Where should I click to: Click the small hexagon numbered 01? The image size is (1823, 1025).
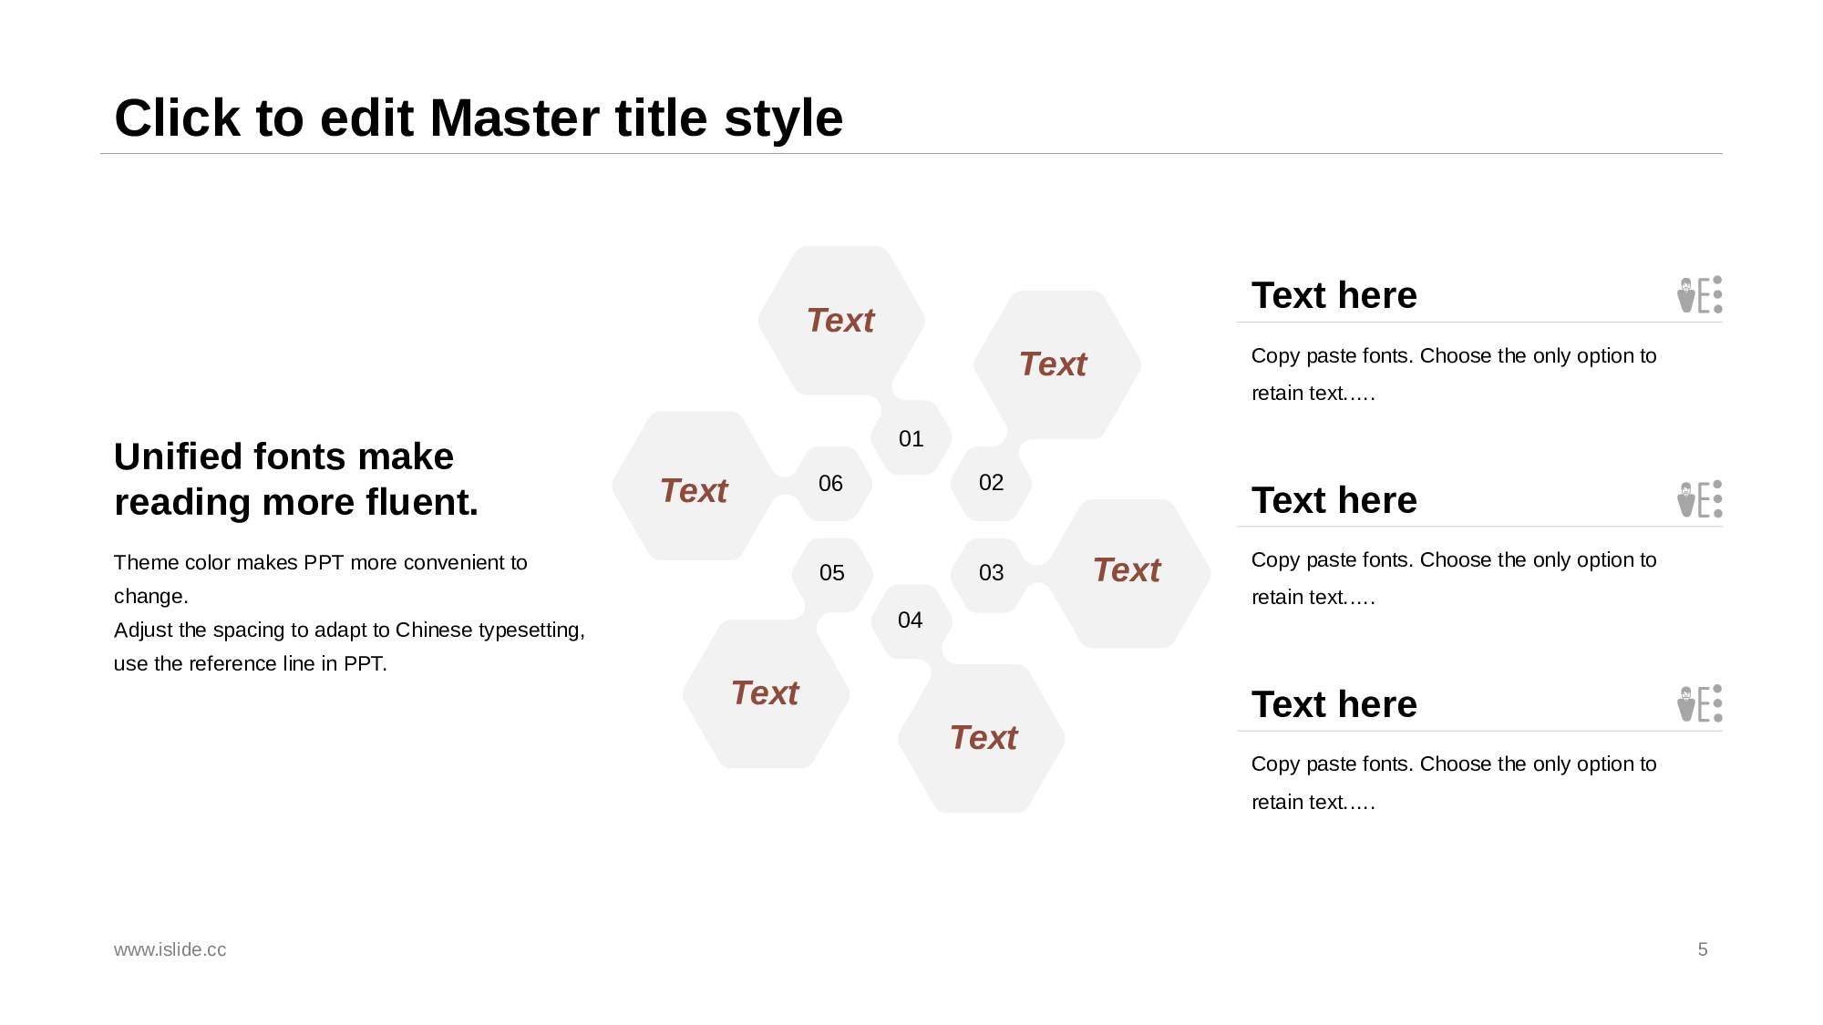point(911,438)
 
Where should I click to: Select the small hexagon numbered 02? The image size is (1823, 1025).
point(991,483)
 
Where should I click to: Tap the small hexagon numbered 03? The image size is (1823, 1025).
point(991,574)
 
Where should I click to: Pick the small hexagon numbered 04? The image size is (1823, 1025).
point(911,620)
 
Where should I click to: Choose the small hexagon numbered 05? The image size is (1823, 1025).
point(832,574)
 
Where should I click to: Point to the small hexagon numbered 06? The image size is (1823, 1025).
point(831,484)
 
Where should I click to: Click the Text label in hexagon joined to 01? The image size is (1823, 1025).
point(840,321)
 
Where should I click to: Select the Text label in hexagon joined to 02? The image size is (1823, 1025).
point(1053,364)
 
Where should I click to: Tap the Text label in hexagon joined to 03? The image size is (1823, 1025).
point(1127,570)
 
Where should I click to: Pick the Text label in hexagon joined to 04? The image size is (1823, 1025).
point(984,738)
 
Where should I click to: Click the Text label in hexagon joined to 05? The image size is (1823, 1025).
point(765,693)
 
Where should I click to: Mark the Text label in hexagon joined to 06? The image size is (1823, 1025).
point(694,491)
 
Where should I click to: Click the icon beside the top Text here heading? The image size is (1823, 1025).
point(1700,294)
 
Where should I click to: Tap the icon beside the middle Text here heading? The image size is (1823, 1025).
point(1700,499)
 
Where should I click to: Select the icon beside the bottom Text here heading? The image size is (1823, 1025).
point(1700,703)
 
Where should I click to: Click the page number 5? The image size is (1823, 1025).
point(1703,949)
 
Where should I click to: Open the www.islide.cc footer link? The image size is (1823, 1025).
point(170,949)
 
